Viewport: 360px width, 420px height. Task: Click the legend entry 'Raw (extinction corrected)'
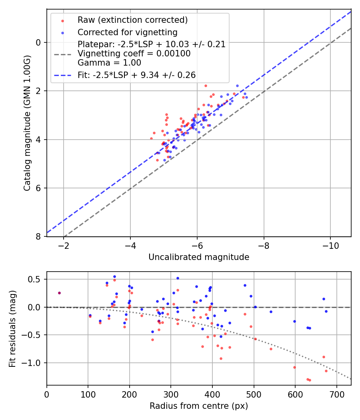(x=132, y=20)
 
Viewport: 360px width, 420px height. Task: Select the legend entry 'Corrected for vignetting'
(x=127, y=32)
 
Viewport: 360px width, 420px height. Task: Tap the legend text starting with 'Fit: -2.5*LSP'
(x=136, y=75)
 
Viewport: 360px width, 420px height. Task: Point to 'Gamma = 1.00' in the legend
(x=109, y=63)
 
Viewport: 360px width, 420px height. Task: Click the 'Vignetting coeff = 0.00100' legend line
(x=134, y=54)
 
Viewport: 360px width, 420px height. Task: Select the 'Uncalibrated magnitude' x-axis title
(x=199, y=257)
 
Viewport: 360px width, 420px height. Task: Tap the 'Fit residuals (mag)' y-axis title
(x=12, y=328)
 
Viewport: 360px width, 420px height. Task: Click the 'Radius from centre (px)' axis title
(x=199, y=406)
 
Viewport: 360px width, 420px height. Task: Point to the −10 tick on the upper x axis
(x=330, y=245)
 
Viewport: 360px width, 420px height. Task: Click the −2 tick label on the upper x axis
(x=63, y=245)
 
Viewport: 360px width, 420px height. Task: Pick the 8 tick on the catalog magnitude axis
(x=39, y=237)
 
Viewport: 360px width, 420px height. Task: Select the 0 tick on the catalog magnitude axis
(x=39, y=42)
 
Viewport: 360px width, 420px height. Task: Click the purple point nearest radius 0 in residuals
(x=59, y=293)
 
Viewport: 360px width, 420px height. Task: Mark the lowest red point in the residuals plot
(x=310, y=380)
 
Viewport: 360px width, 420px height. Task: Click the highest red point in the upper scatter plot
(x=206, y=86)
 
